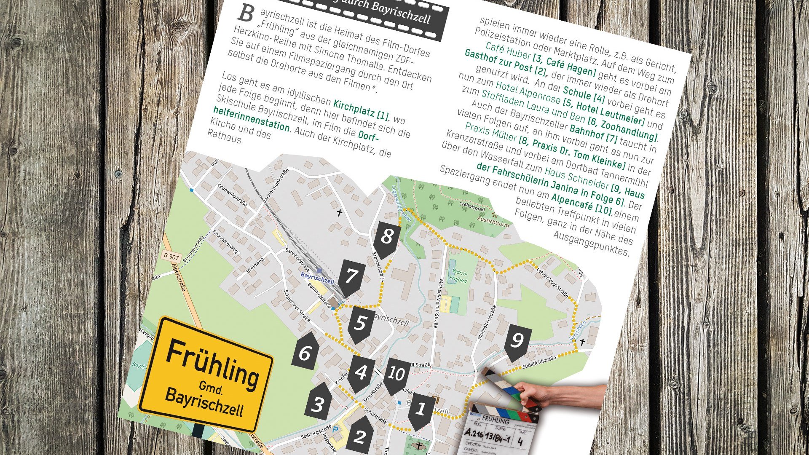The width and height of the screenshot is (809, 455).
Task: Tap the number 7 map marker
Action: [351, 277]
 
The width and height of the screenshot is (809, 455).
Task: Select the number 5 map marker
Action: [361, 323]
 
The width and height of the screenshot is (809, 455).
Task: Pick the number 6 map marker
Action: [305, 352]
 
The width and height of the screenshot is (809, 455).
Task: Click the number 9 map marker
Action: [517, 340]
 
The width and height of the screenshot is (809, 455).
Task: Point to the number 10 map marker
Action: [396, 374]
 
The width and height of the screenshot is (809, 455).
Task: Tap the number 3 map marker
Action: [317, 404]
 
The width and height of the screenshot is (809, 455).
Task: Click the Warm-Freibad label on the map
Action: [458, 276]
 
